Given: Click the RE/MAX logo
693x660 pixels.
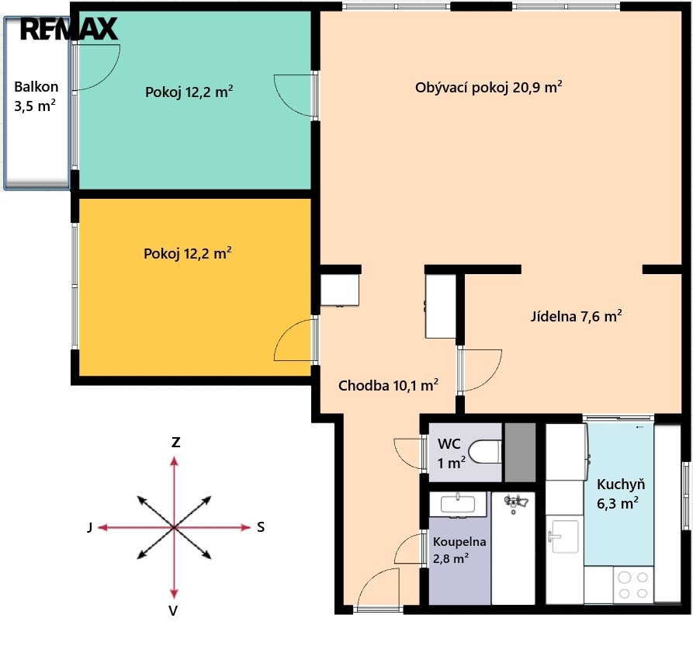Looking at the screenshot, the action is point(69,30).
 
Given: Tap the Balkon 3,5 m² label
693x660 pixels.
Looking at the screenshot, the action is point(36,96).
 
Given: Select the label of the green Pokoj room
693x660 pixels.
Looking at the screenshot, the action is point(189,92).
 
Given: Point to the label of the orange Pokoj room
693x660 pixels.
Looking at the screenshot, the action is point(187,253).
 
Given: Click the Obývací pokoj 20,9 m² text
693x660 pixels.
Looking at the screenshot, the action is point(488,87).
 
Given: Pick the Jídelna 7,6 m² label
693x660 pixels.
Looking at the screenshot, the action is point(577,316).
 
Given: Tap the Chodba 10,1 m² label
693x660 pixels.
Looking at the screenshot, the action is point(388,385).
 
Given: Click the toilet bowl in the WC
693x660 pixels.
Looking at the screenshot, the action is point(485,452).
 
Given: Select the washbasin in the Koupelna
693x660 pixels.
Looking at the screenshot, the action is point(458,504).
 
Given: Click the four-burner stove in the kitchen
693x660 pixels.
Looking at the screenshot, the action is point(633,585).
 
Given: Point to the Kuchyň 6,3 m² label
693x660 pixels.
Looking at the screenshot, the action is point(620,494).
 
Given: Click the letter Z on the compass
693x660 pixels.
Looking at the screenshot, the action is point(175,443).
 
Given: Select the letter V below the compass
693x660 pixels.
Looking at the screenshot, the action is point(173,610).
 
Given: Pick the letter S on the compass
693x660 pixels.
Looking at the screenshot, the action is point(261,527).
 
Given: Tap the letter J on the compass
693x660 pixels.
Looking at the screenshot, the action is point(90,527).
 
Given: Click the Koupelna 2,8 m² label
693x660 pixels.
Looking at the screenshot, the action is point(459,550).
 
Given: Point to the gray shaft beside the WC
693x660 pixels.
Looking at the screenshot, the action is point(520,452).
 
